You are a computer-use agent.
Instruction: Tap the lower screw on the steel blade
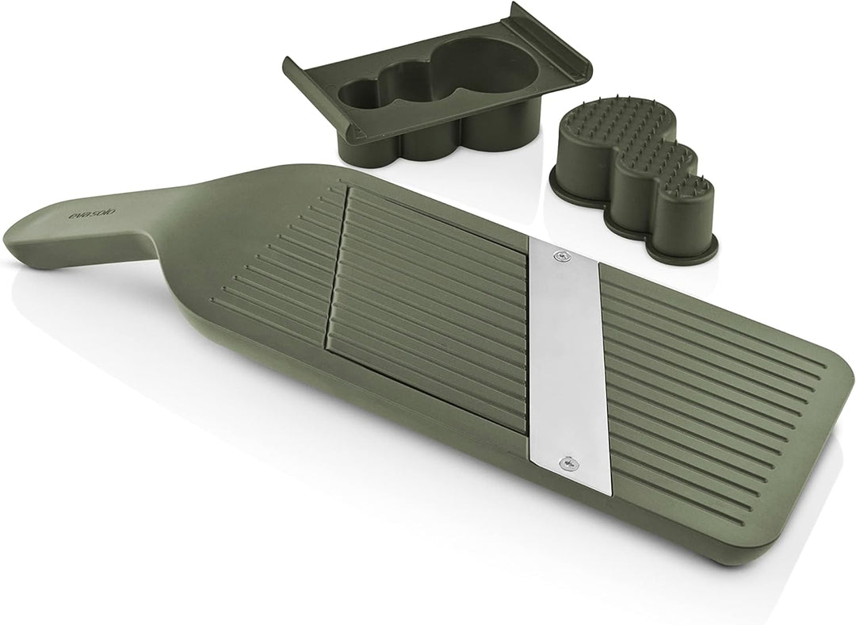(568, 463)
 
